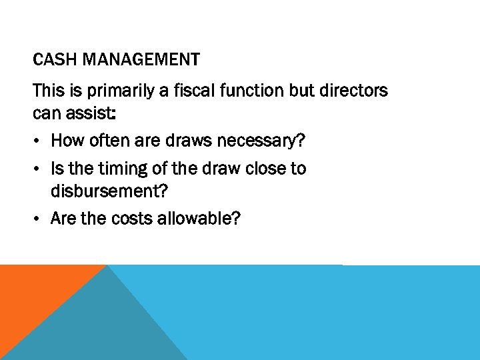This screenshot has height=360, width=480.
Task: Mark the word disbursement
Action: click(x=109, y=192)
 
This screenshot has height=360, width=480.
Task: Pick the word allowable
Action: click(x=198, y=219)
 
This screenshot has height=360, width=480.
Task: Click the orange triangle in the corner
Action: click(x=33, y=293)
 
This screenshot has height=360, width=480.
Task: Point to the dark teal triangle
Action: click(x=100, y=327)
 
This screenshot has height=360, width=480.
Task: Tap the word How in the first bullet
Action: click(x=64, y=141)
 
